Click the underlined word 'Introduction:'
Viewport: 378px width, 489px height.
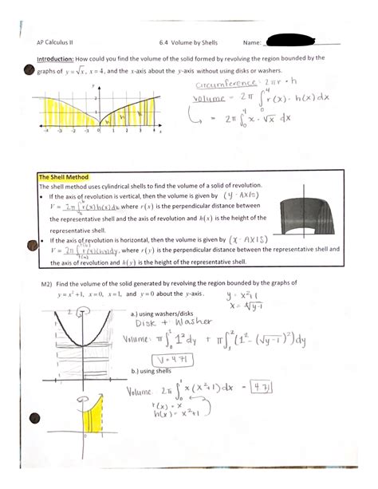[x=55, y=57]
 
